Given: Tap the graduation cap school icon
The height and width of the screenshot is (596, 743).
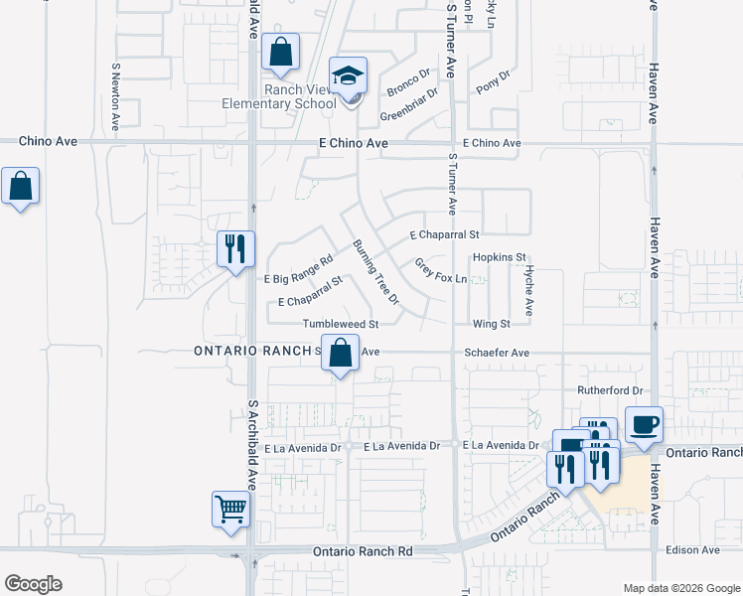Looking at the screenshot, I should [x=349, y=76].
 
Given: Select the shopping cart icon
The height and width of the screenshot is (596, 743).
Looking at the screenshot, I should [x=230, y=511].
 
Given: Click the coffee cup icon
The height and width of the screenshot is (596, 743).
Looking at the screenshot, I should [x=644, y=424].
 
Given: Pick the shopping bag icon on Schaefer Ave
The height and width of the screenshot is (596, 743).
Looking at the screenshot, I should [x=341, y=353].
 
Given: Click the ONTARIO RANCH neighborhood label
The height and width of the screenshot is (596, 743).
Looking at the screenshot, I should [x=252, y=352].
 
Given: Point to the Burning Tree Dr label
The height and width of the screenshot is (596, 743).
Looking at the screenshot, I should [x=375, y=271].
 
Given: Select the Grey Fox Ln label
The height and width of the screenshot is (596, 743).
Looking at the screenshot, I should [x=440, y=271].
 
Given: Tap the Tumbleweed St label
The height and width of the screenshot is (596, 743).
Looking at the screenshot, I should [x=342, y=324].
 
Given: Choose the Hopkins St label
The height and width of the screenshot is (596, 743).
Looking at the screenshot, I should [x=499, y=257].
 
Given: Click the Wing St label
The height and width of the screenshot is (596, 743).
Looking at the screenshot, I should [x=491, y=324].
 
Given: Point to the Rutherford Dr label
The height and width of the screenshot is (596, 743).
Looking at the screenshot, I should [x=610, y=390].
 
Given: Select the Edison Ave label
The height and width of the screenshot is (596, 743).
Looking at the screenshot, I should [x=693, y=549].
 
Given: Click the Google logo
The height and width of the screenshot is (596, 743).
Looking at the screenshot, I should [x=33, y=584].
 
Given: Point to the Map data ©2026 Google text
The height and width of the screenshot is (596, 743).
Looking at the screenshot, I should [x=681, y=588].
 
